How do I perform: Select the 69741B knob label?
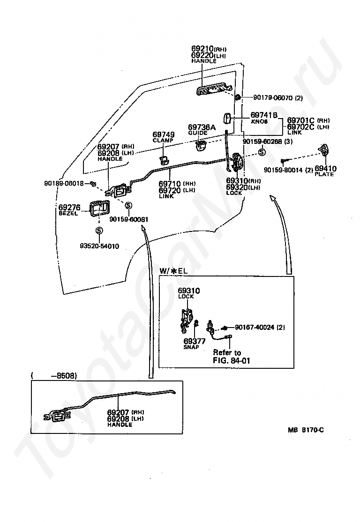coord(264,115)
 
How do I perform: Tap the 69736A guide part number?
coord(202,127)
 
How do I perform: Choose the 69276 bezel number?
coord(69,207)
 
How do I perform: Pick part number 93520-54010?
coord(99,246)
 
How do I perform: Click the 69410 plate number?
coord(325,168)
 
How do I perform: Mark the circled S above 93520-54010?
coord(99,231)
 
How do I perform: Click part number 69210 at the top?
coord(202,48)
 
